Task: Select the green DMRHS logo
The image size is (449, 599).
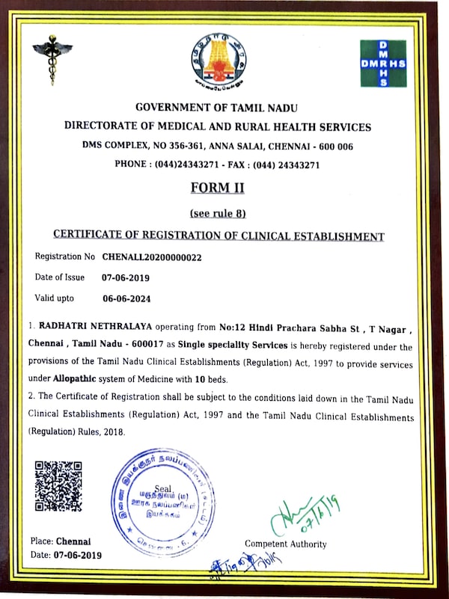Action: [382, 64]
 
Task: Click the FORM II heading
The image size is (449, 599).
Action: [217, 188]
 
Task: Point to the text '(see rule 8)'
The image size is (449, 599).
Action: [218, 213]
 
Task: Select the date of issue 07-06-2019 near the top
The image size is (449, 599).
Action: [126, 277]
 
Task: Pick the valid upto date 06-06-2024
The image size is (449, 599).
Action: [127, 298]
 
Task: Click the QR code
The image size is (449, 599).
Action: [58, 486]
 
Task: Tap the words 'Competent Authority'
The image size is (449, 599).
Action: [285, 544]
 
